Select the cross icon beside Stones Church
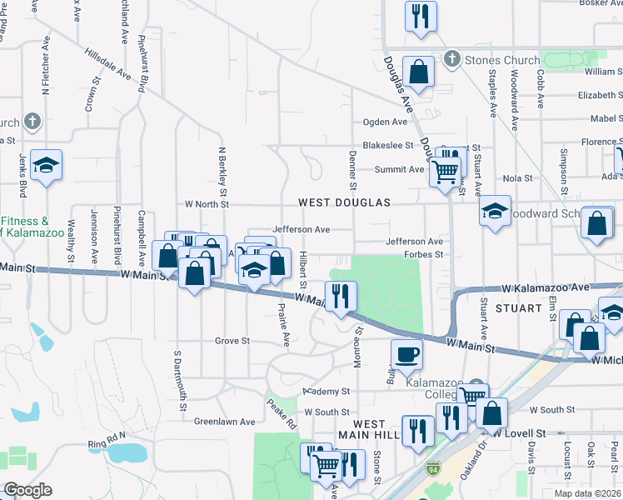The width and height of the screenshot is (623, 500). (451, 59)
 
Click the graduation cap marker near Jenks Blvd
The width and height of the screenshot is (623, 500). (47, 164)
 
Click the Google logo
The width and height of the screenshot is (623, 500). (27, 489)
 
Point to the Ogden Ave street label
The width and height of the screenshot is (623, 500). (384, 122)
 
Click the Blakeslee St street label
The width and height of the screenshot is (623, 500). (388, 145)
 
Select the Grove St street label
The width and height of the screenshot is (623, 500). (232, 341)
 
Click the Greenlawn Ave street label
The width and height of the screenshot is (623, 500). (224, 422)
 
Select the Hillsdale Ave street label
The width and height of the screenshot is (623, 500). (109, 63)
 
